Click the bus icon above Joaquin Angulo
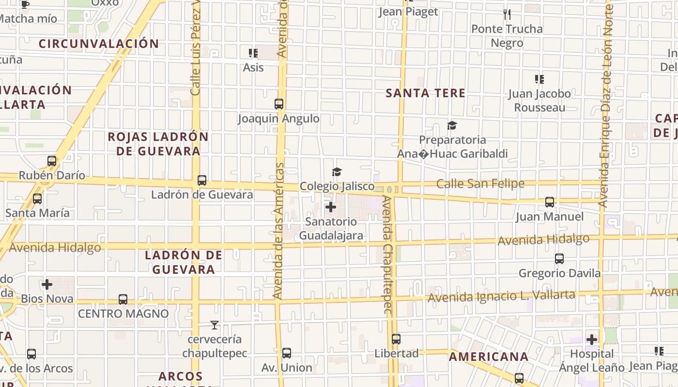click(x=279, y=104)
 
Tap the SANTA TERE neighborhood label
click(x=425, y=93)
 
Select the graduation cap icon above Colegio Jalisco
click(x=337, y=172)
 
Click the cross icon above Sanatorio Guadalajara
click(x=331, y=208)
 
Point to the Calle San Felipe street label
click(x=480, y=184)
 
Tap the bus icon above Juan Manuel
click(x=549, y=202)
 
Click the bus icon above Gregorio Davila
click(x=559, y=259)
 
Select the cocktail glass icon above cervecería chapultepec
click(x=215, y=325)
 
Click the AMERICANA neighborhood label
click(x=488, y=357)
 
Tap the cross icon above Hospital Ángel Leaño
click(x=592, y=340)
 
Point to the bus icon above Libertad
click(x=396, y=339)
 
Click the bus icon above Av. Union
click(x=287, y=353)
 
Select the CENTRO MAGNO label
click(x=123, y=313)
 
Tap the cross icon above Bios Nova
click(x=47, y=284)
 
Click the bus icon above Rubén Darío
click(x=52, y=161)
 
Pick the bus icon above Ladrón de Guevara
click(x=202, y=180)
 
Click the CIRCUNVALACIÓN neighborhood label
click(x=99, y=44)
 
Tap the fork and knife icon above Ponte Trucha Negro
click(x=507, y=15)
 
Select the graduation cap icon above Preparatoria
click(x=452, y=126)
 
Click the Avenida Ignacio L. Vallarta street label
click(x=501, y=296)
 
